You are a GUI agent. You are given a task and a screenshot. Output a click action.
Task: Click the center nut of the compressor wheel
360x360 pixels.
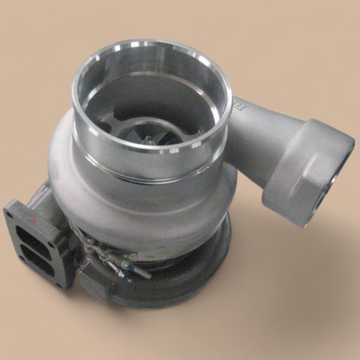[x=149, y=139]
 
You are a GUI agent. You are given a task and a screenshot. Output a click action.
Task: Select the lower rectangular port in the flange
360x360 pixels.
[x=43, y=260]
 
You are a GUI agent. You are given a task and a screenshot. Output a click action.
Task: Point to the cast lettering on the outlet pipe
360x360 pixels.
[x=238, y=106]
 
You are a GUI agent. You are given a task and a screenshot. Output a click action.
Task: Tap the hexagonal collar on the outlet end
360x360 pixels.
[x=303, y=170]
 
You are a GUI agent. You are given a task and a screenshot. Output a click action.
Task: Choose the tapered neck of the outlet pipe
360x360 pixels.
[x=257, y=134]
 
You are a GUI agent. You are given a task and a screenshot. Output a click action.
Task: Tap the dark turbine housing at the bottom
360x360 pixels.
[x=170, y=288]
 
